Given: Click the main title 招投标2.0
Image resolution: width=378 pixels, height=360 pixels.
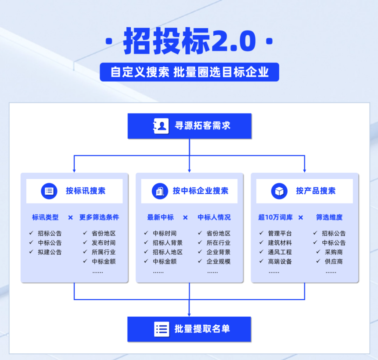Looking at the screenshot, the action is point(189,42).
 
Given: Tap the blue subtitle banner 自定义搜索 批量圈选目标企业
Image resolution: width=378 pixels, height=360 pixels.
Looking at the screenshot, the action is point(189,72).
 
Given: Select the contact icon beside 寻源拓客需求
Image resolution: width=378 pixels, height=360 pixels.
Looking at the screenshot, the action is point(161,126).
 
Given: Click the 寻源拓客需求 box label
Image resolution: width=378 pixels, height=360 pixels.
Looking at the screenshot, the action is point(202,126).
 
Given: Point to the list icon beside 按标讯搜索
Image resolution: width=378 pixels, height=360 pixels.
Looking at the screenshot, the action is point(49,191).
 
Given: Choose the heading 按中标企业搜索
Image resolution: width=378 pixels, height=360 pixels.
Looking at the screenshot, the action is point(200,191).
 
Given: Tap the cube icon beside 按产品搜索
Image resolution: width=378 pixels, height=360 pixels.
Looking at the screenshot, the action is point(279,191).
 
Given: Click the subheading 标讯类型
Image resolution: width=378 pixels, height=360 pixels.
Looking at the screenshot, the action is point(46,217).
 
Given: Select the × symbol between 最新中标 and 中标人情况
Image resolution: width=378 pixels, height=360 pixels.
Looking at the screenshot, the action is point(185,217).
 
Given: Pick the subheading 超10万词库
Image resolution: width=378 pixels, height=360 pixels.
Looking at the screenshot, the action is point(275,217).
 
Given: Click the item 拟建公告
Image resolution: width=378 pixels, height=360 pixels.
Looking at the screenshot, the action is point(50,252).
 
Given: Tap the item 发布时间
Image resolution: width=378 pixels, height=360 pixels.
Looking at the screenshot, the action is point(104,243).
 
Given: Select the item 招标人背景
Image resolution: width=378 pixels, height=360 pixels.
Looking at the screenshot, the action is point(167,243).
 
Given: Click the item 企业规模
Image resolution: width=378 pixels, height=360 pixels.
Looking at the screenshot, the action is point(219,261).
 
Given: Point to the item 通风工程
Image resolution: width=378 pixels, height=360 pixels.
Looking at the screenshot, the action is point(280,252).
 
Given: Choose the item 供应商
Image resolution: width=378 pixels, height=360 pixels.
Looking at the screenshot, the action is point(334,261).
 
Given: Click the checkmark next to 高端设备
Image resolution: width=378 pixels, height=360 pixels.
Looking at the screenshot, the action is point(261,261).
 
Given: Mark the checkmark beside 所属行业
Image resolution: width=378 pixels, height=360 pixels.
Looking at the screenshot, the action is point(85,252).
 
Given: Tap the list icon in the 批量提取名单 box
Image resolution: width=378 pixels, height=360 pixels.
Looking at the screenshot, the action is point(161,329).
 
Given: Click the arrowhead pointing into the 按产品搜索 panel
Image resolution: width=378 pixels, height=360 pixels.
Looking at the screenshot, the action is point(304,170).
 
